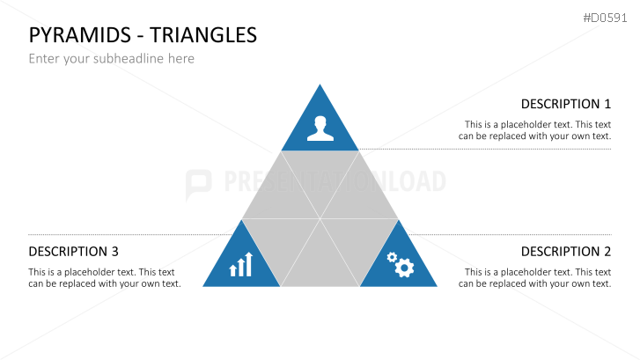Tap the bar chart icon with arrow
tap(241, 264)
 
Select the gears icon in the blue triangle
tap(400, 263)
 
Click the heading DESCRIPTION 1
tap(565, 104)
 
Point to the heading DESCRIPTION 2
tap(565, 252)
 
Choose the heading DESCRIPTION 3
tap(74, 252)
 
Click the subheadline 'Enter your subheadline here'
tap(111, 59)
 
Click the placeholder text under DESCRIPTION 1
tap(537, 130)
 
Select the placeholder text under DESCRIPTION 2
tap(537, 278)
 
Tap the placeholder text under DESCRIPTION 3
tap(104, 278)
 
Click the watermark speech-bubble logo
tap(198, 182)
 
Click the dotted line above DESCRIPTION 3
tap(132, 234)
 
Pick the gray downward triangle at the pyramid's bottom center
tap(320, 264)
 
